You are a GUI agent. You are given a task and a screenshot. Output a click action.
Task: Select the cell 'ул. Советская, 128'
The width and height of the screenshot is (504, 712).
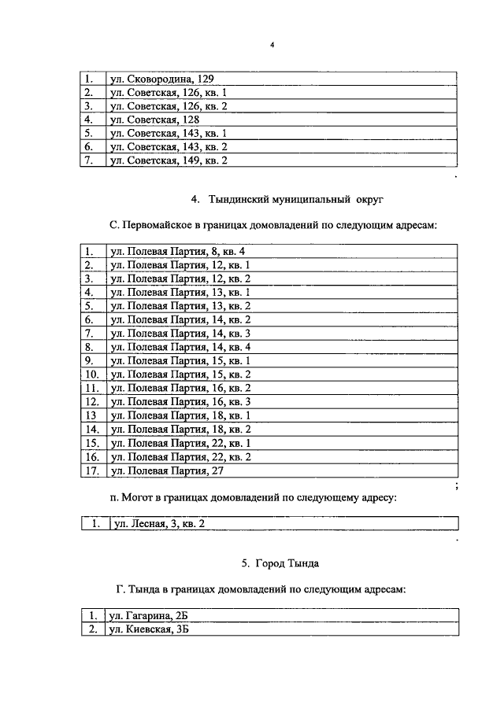pos(154,120)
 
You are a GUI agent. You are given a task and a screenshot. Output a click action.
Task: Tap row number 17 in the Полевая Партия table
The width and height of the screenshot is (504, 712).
pos(92,470)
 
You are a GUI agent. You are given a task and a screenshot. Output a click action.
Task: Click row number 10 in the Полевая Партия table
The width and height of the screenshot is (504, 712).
pos(92,374)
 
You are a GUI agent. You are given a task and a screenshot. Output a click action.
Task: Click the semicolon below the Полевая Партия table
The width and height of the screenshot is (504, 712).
pos(457,487)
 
